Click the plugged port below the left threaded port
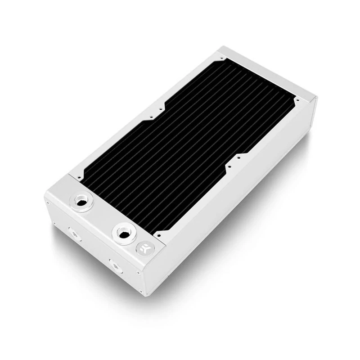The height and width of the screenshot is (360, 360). coord(72,232)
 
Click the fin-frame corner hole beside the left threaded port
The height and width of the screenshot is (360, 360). coord(81,177)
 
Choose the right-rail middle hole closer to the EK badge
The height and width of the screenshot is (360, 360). coord(229,166)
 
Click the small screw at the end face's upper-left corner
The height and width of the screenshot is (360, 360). coord(48,203)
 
